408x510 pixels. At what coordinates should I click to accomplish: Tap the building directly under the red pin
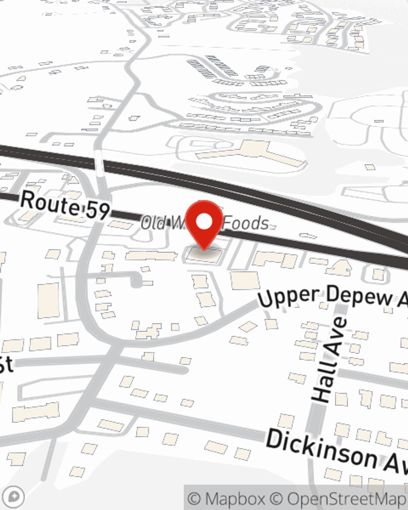[x=204, y=255]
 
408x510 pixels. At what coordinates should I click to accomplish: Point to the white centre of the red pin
[x=204, y=222]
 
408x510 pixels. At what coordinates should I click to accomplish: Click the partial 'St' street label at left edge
[x=6, y=364]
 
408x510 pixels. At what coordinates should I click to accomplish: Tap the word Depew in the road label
[x=359, y=296]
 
